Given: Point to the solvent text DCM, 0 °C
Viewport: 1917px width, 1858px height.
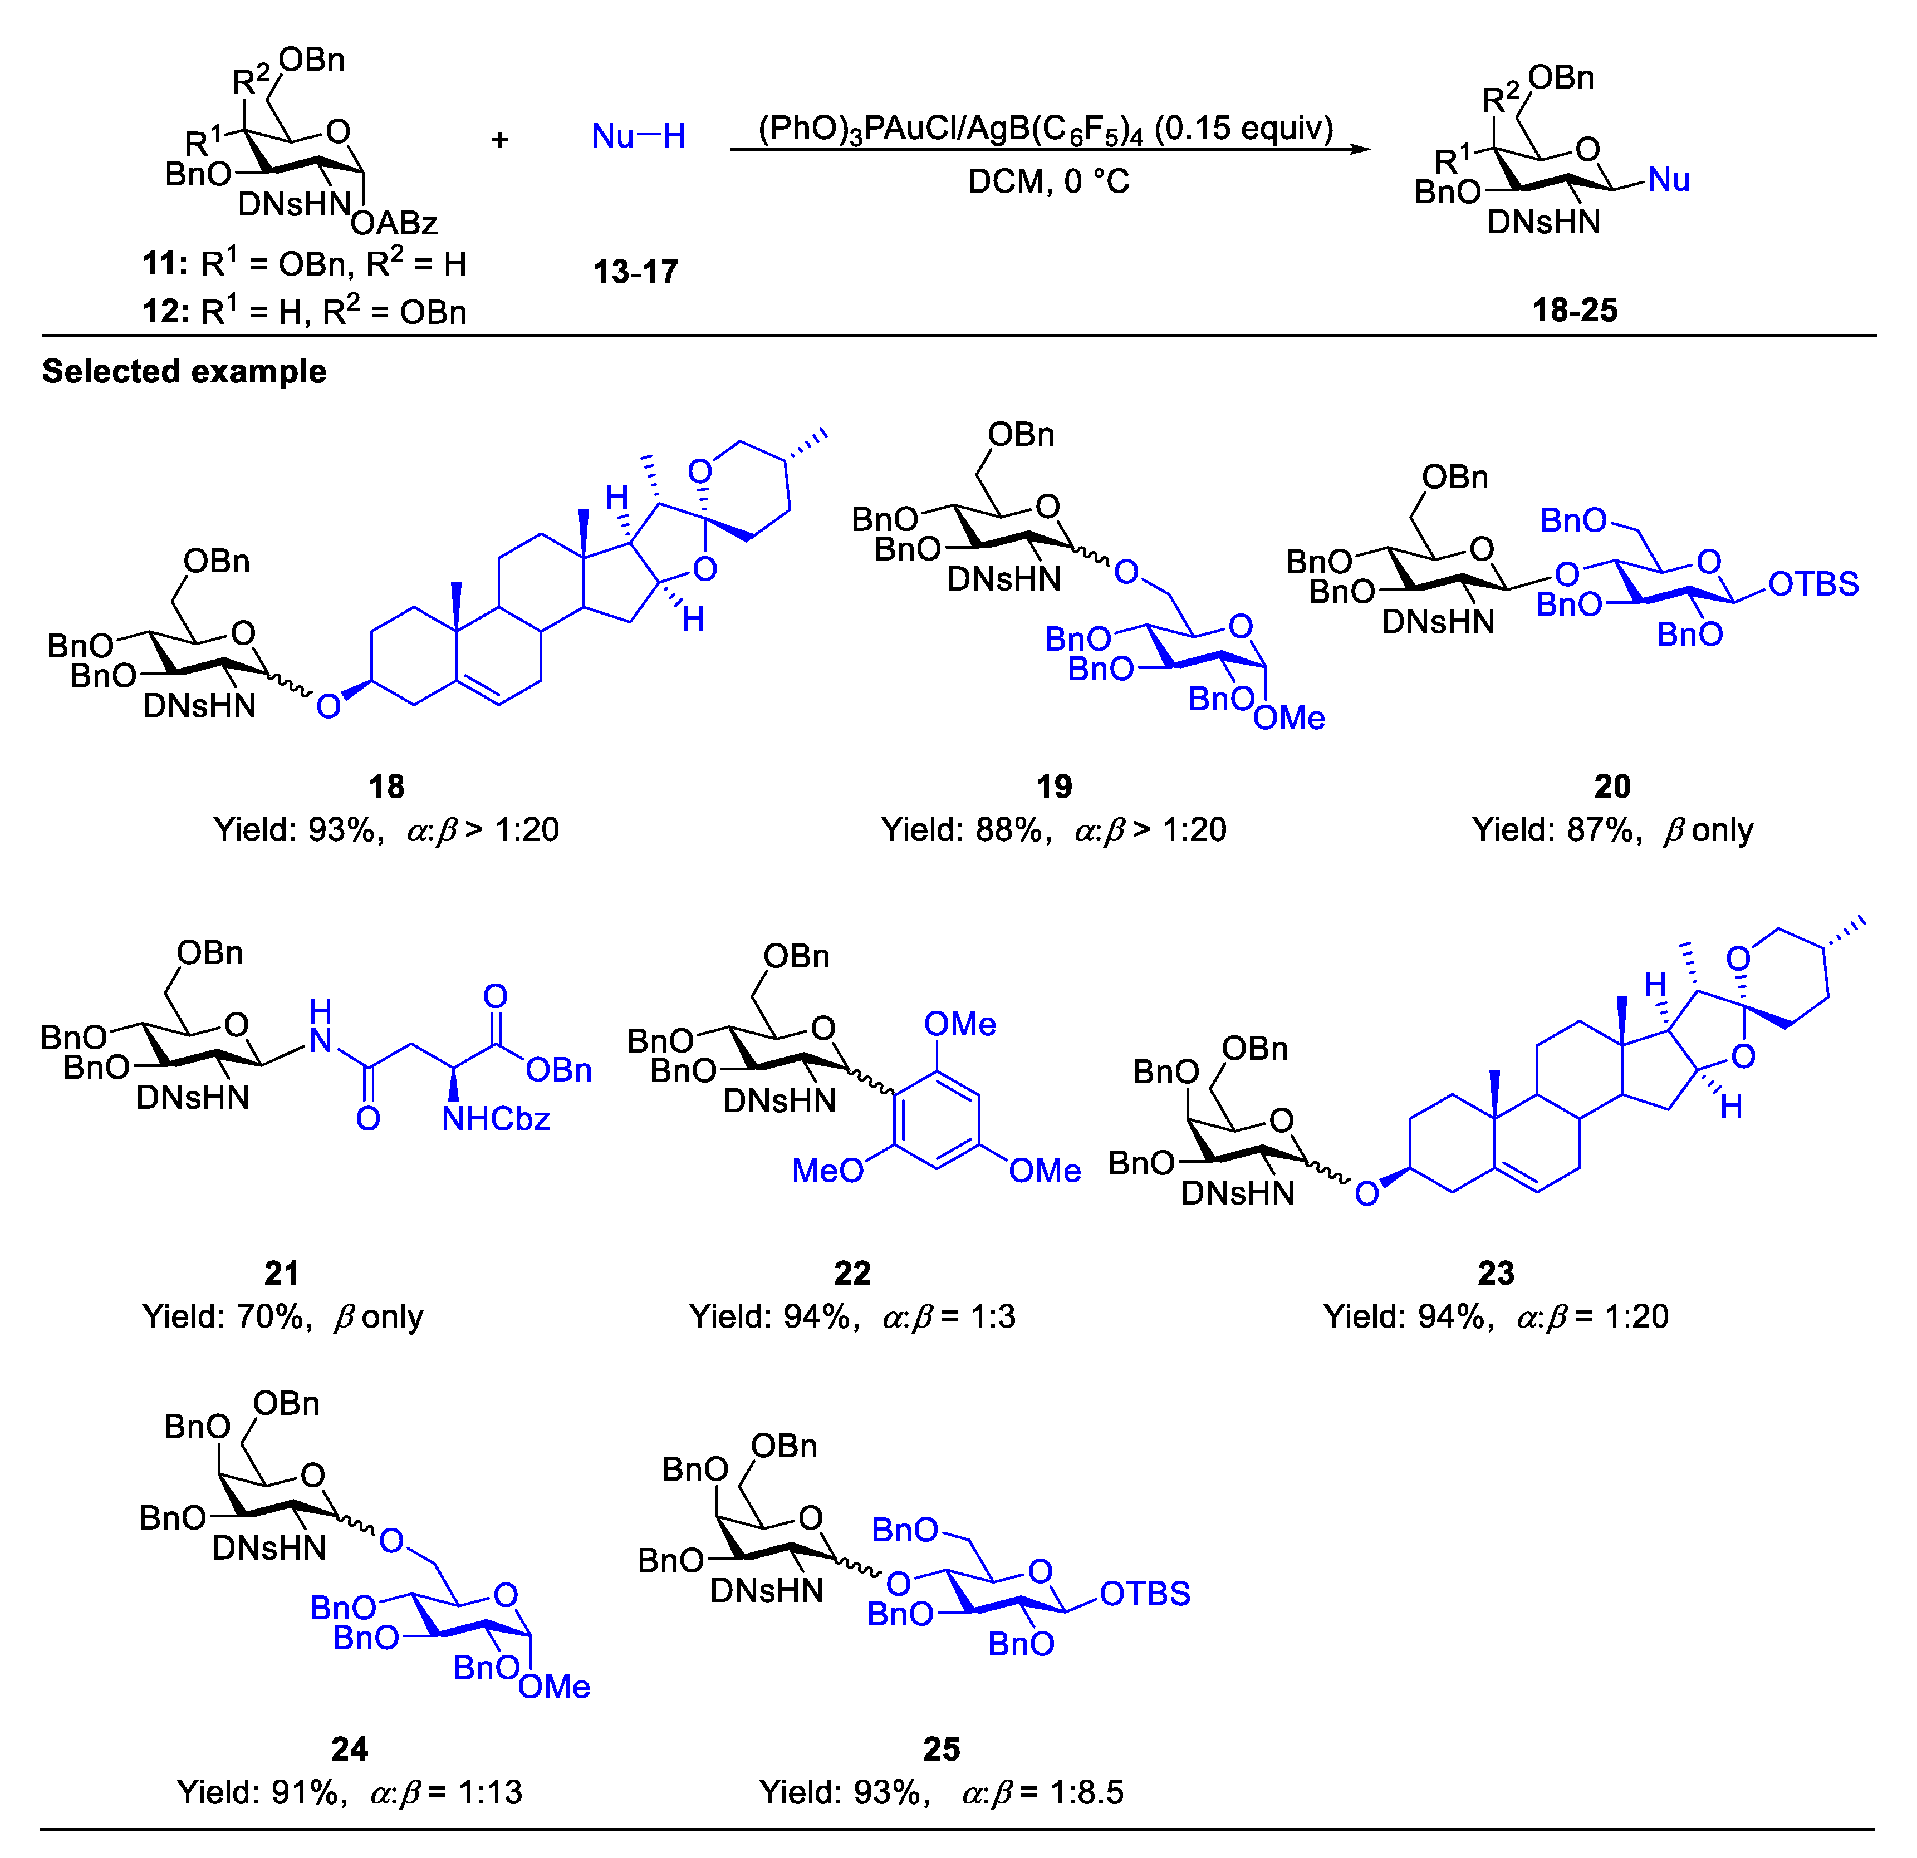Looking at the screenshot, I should [1048, 182].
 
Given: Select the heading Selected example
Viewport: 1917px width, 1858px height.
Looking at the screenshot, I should [184, 372].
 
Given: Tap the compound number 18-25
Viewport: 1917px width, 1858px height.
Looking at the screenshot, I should [1575, 310].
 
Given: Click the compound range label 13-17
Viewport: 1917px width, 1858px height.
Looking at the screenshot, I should [636, 271].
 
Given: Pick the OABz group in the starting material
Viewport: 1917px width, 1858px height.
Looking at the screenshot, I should [394, 224].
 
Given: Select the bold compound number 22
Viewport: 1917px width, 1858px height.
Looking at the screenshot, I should [852, 1272].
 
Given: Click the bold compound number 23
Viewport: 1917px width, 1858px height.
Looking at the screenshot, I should [1496, 1272].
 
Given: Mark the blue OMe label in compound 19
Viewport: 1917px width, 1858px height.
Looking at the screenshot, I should [1289, 718].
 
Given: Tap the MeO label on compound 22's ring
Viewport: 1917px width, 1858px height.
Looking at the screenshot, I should [827, 1171].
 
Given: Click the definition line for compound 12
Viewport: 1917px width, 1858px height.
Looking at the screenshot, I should [304, 312].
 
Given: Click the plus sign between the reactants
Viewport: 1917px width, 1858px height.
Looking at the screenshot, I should [500, 140].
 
